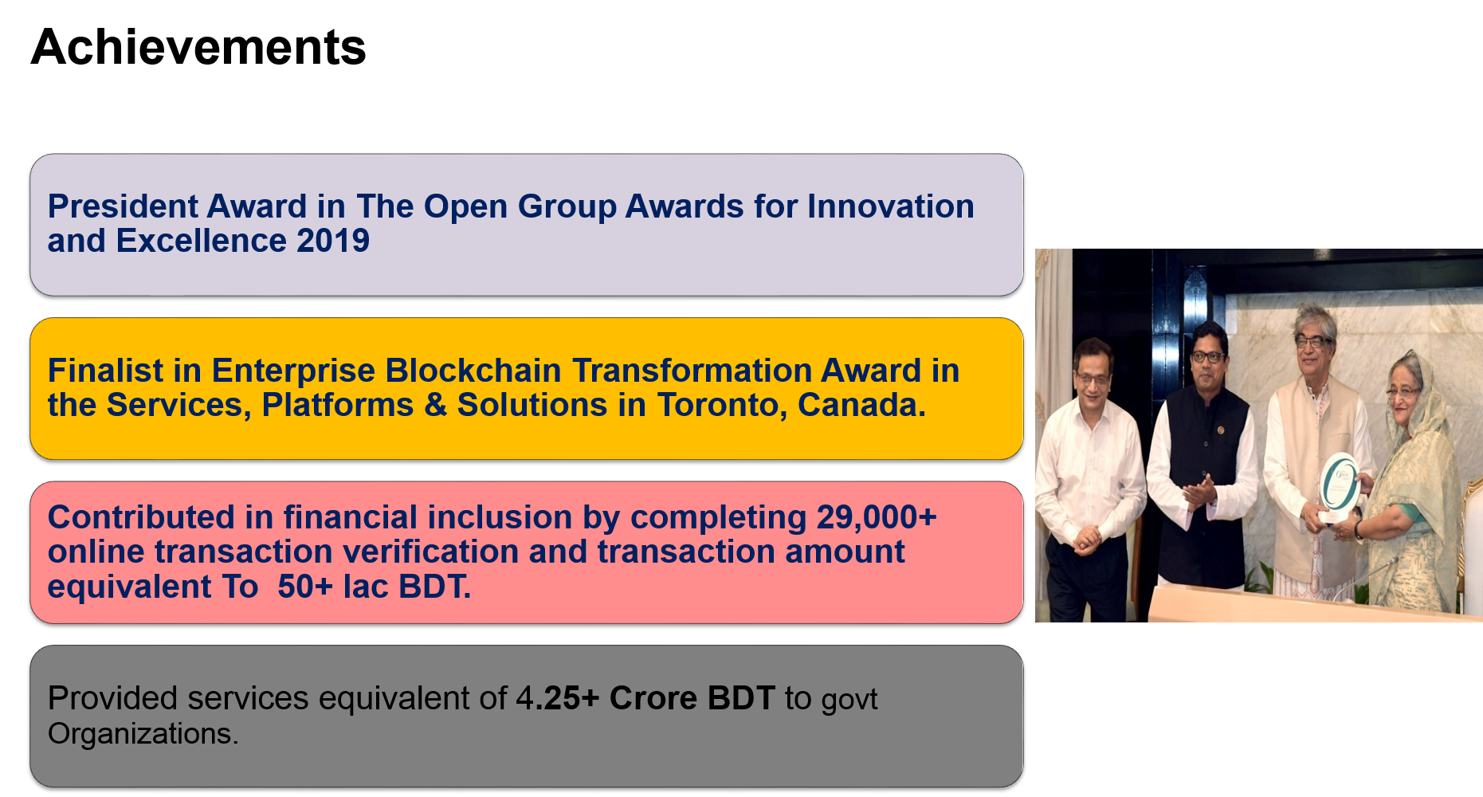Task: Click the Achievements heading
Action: pos(198,48)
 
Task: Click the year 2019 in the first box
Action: pos(333,241)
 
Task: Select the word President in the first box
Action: pos(123,206)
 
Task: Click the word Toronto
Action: pos(722,405)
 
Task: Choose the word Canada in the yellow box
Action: pos(861,405)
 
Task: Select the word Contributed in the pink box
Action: pos(141,517)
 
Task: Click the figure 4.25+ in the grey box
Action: pos(557,698)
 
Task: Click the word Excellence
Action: pos(202,241)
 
